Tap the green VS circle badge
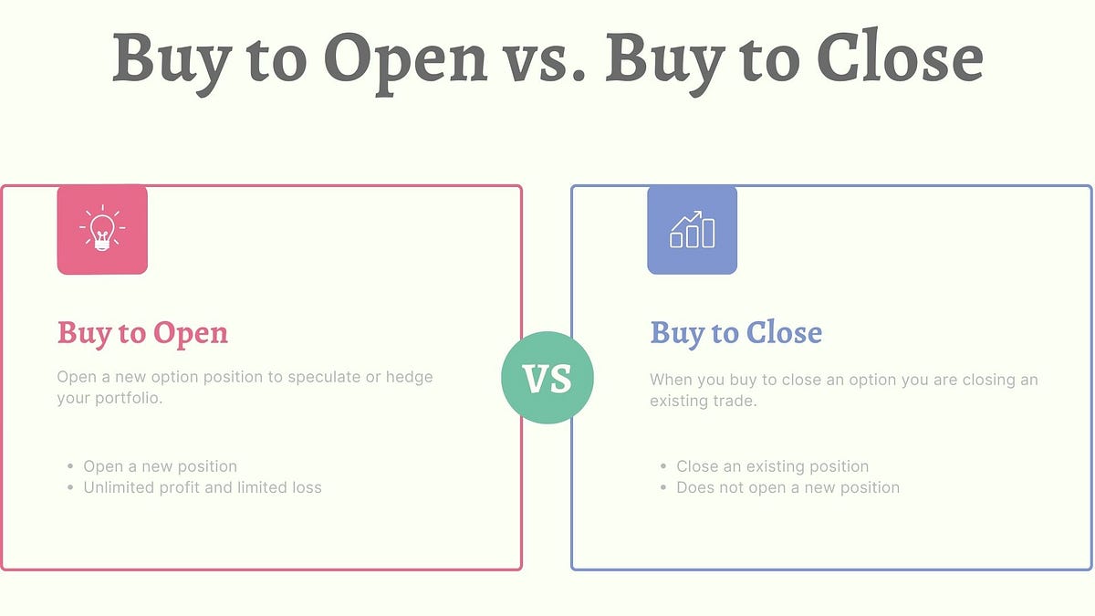click(x=547, y=378)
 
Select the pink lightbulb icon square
click(x=102, y=229)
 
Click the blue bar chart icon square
click(x=692, y=229)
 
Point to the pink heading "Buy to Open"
click(x=142, y=333)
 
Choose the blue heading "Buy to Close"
click(x=735, y=333)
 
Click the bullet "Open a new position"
click(x=160, y=466)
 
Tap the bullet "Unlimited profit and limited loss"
click(x=202, y=487)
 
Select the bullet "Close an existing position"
click(x=772, y=466)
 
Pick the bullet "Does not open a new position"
click(x=787, y=487)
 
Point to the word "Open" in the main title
click(x=406, y=57)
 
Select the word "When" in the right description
click(x=672, y=380)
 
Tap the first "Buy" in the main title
click(x=165, y=57)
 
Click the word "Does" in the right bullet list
click(x=696, y=487)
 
